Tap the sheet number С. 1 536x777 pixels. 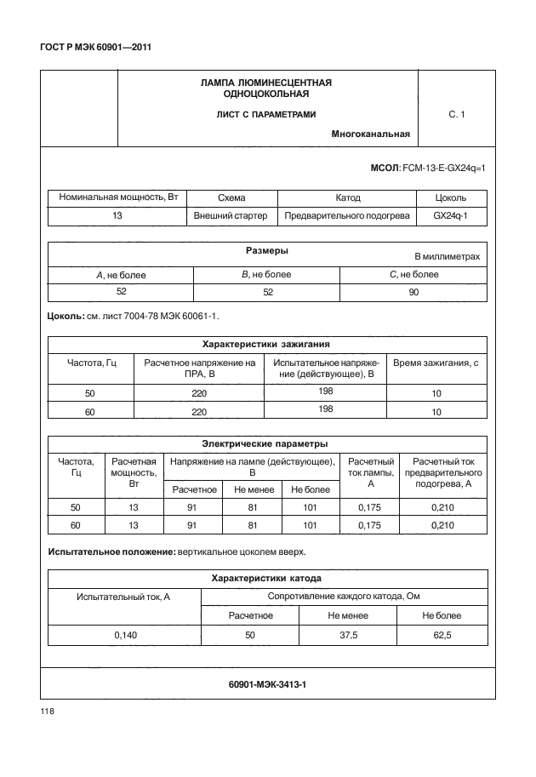(x=456, y=113)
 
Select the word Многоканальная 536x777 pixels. (x=371, y=134)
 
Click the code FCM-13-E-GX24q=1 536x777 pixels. (x=446, y=170)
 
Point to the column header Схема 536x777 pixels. (x=231, y=197)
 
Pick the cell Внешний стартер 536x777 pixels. (x=231, y=216)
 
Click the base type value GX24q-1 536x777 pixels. (x=450, y=216)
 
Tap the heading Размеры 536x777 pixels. (x=266, y=252)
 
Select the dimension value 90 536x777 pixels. (x=414, y=292)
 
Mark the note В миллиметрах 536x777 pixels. (x=447, y=256)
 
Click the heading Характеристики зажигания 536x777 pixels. (x=266, y=345)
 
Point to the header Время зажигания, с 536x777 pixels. (x=436, y=363)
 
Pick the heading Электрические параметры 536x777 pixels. (x=266, y=443)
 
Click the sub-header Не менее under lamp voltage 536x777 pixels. (x=252, y=489)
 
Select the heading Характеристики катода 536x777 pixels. (x=266, y=579)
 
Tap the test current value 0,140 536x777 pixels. (x=126, y=635)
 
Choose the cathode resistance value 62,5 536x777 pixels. (x=442, y=635)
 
